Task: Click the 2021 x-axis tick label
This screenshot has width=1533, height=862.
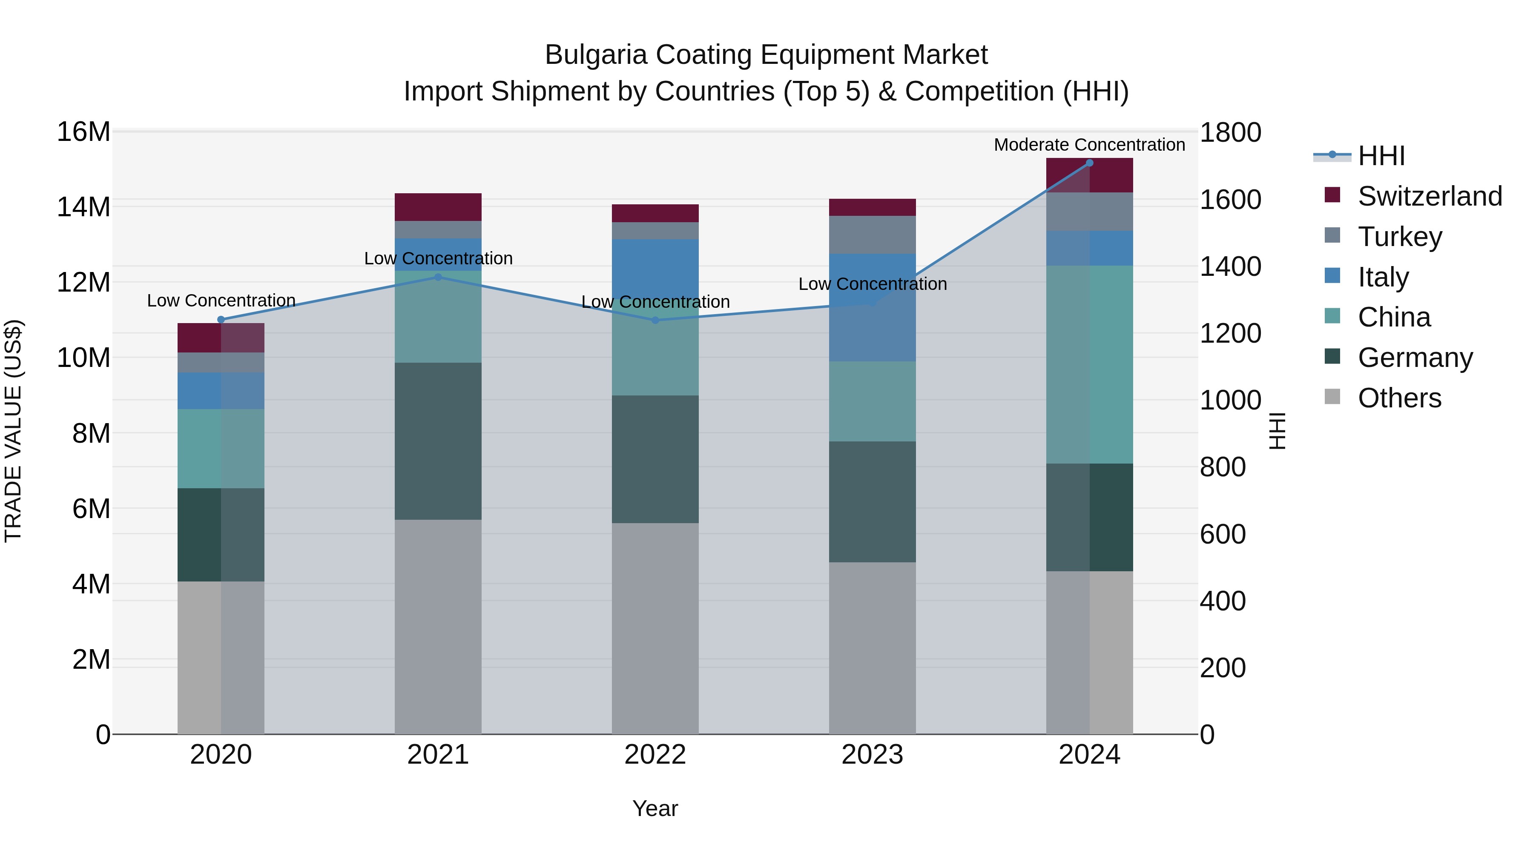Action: pos(438,755)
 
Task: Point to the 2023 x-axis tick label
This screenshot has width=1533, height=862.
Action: pos(873,755)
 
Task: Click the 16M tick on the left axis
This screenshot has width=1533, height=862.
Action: pos(83,132)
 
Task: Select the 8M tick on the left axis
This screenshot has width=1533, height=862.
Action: pos(91,434)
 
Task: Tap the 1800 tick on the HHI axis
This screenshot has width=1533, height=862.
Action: pos(1229,133)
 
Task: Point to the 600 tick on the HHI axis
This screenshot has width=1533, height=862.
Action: pos(1222,534)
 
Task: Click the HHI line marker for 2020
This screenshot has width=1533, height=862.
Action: pos(221,319)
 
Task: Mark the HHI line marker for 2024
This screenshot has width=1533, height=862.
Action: pos(1090,163)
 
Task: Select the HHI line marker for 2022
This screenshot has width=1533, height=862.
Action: pos(655,320)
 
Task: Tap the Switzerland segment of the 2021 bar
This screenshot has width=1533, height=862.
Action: pos(438,207)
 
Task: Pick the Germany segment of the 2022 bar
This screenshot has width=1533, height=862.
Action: pos(655,459)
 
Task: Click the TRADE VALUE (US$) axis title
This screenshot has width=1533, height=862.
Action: pos(13,431)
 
